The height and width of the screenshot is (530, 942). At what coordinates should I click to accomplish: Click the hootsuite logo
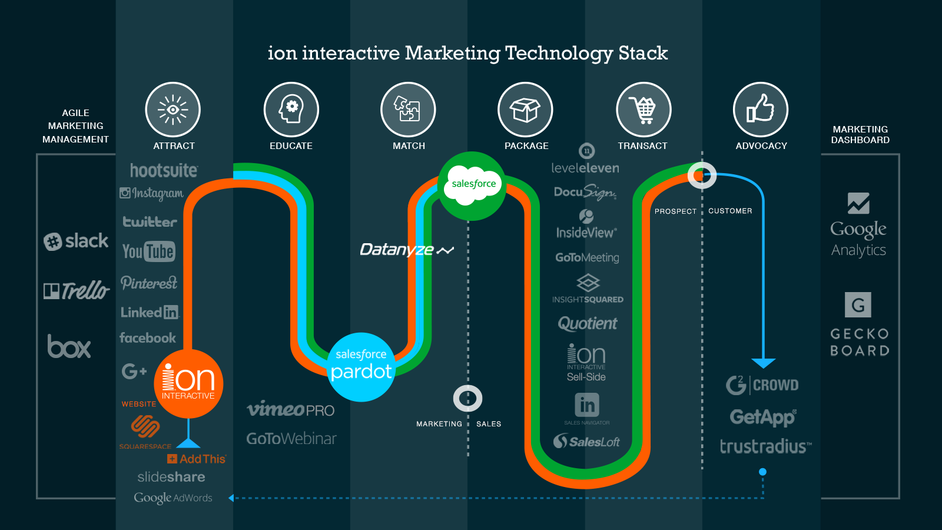pyautogui.click(x=164, y=171)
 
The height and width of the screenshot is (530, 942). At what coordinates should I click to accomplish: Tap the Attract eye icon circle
pyautogui.click(x=173, y=110)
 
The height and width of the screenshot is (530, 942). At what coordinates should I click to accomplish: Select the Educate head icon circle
pyautogui.click(x=291, y=110)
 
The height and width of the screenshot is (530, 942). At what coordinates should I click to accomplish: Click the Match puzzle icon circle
pyautogui.click(x=408, y=110)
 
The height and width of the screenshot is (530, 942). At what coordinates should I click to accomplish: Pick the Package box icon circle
pyautogui.click(x=525, y=110)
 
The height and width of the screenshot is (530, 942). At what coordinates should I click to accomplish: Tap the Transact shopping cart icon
pyautogui.click(x=644, y=110)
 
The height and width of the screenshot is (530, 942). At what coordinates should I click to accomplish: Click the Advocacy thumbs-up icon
pyautogui.click(x=761, y=110)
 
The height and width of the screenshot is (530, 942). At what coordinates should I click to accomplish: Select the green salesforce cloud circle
pyautogui.click(x=472, y=185)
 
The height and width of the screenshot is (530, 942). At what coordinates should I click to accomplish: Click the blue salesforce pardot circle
pyautogui.click(x=361, y=367)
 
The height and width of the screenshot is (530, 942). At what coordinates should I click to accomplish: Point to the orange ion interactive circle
pyautogui.click(x=188, y=383)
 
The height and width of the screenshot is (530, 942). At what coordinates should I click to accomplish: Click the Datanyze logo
pyautogui.click(x=406, y=250)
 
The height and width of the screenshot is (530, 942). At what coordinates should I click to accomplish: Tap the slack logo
pyautogui.click(x=76, y=241)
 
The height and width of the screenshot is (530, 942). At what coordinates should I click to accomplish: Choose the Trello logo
pyautogui.click(x=77, y=290)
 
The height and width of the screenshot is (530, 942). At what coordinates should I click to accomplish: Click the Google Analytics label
pyautogui.click(x=858, y=238)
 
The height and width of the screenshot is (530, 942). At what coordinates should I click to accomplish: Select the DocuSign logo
pyautogui.click(x=585, y=192)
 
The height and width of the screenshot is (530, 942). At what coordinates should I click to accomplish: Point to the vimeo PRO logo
pyautogui.click(x=290, y=409)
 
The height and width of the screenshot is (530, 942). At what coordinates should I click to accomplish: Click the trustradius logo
pyautogui.click(x=765, y=446)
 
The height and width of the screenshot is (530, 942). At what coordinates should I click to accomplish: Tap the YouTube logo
pyautogui.click(x=148, y=251)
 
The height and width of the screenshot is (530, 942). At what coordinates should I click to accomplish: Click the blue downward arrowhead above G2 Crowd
pyautogui.click(x=764, y=363)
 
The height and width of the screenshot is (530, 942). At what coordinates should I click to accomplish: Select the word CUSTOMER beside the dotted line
pyautogui.click(x=730, y=211)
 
